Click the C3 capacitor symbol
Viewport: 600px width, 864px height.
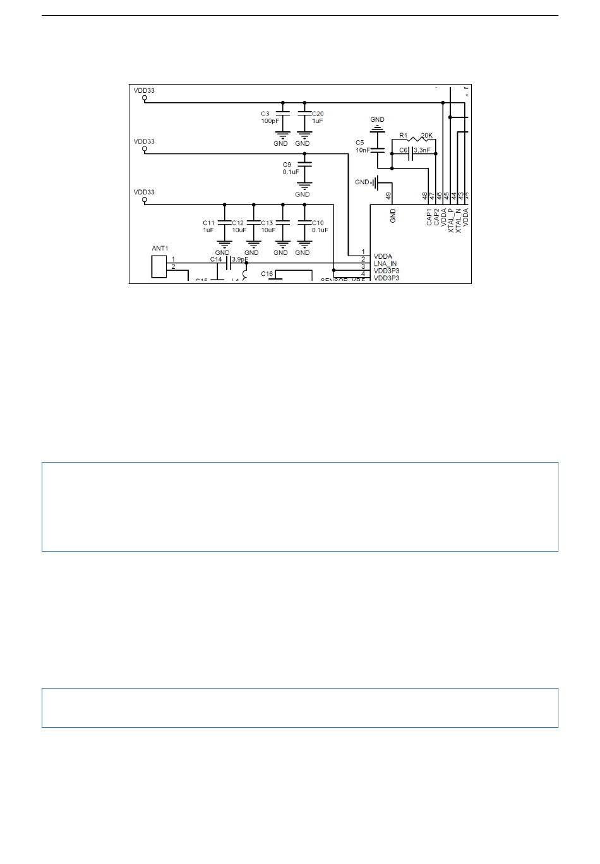(282, 114)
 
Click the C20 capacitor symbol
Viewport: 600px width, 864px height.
(304, 114)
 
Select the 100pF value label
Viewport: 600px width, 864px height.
(270, 121)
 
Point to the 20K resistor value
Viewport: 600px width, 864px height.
(427, 135)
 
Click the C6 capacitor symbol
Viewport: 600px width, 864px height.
(411, 153)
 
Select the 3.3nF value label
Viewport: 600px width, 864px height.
(422, 150)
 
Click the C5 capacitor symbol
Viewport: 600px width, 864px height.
(377, 150)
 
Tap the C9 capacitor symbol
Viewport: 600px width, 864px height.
(305, 164)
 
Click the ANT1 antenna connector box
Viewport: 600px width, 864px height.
(159, 266)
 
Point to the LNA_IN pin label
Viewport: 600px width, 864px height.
(385, 264)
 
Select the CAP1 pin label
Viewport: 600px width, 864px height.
(429, 217)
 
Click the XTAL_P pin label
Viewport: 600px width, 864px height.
(452, 221)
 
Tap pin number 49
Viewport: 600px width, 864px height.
(388, 196)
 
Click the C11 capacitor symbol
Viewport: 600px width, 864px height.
(224, 222)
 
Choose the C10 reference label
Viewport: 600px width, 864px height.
(318, 223)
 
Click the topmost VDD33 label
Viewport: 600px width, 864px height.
(144, 90)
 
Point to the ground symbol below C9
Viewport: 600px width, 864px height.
(305, 186)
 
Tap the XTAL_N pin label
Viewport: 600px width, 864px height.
(459, 221)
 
